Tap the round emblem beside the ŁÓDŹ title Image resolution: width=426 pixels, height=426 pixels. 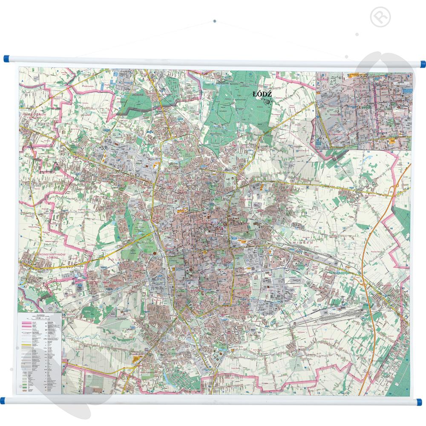[x=268, y=101]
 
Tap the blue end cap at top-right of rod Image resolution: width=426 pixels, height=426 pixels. [x=422, y=64]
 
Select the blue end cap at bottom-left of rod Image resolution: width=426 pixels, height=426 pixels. [x=3, y=400]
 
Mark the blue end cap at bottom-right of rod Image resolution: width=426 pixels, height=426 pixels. [x=420, y=401]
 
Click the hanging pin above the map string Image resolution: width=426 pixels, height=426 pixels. [x=214, y=20]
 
